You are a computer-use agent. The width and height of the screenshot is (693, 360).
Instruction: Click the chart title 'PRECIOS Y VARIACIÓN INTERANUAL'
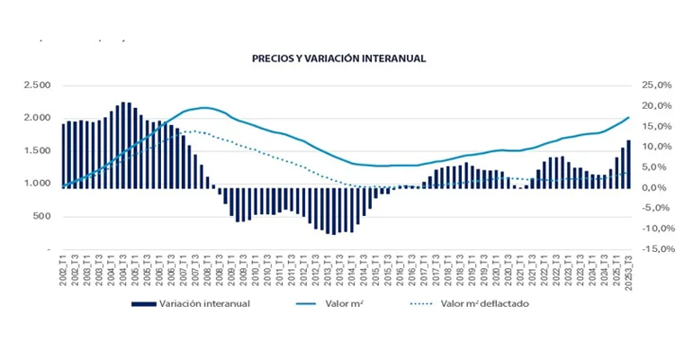pyautogui.click(x=338, y=58)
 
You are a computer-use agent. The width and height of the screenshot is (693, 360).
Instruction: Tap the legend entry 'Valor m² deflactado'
pyautogui.click(x=484, y=304)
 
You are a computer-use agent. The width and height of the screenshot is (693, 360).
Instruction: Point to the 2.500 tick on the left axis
pyautogui.click(x=38, y=85)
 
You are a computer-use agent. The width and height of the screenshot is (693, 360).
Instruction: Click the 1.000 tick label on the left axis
pyautogui.click(x=38, y=184)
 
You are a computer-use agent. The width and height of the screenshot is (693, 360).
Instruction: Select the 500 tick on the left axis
pyautogui.click(x=43, y=217)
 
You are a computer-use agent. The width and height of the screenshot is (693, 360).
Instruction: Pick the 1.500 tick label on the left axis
pyautogui.click(x=38, y=151)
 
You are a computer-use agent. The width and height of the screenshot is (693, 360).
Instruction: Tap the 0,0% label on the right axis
pyautogui.click(x=660, y=187)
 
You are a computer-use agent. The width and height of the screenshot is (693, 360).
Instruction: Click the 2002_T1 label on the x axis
pyautogui.click(x=64, y=270)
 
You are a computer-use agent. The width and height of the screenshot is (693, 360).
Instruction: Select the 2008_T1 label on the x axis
pyautogui.click(x=208, y=270)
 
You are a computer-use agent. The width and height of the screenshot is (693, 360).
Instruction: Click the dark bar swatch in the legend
pyautogui.click(x=144, y=304)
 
